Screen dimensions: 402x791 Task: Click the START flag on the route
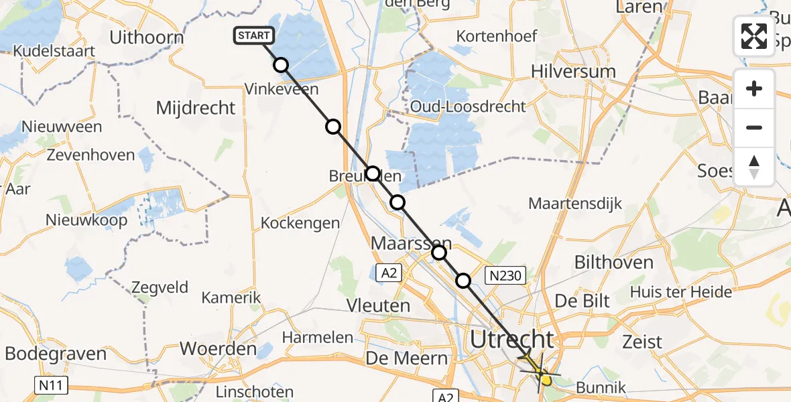click(253, 36)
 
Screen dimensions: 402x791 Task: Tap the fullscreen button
click(754, 36)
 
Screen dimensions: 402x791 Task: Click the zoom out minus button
click(754, 127)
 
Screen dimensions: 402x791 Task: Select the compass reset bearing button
click(754, 166)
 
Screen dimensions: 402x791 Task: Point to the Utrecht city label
click(512, 339)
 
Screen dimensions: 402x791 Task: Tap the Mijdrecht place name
click(196, 108)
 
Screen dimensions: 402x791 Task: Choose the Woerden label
click(219, 349)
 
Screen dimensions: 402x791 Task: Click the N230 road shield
click(507, 275)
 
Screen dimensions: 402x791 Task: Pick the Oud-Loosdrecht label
click(468, 107)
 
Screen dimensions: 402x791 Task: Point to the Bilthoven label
click(614, 262)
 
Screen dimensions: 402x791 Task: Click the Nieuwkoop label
click(86, 220)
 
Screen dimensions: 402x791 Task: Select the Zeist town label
click(643, 342)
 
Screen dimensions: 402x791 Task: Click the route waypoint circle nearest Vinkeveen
click(281, 65)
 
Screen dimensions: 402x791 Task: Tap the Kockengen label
click(300, 223)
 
